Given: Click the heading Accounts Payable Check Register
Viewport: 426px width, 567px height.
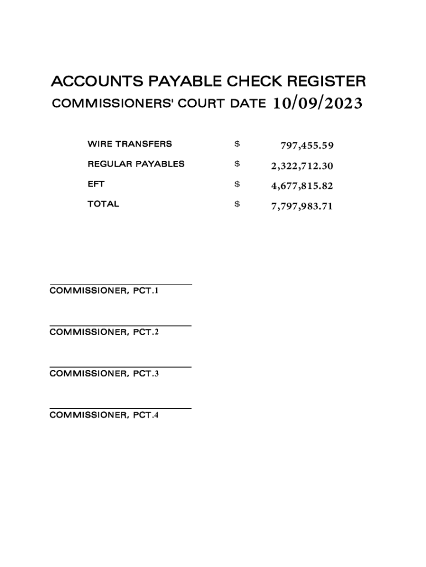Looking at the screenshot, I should click(208, 82).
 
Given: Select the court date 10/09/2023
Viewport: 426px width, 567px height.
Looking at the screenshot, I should click(318, 104).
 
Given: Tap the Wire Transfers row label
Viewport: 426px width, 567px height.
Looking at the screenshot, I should click(129, 144).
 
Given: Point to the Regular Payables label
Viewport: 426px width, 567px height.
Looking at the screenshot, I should click(136, 164).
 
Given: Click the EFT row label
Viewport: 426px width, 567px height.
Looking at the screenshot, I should click(96, 184).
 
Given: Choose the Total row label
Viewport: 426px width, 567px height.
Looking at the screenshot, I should click(103, 204).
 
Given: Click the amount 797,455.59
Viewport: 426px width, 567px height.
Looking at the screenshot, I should click(307, 146).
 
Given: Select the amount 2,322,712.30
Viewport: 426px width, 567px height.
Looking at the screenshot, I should click(302, 166).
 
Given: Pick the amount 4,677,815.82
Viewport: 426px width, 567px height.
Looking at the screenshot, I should click(302, 185).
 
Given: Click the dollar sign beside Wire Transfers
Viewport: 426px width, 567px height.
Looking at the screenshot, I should click(237, 144).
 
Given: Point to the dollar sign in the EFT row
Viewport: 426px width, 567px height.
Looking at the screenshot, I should click(237, 184).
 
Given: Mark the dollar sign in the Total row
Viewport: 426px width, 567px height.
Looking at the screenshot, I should click(237, 204).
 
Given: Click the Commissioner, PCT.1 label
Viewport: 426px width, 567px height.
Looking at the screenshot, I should click(104, 290).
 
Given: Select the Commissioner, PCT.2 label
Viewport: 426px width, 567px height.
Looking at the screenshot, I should click(104, 332).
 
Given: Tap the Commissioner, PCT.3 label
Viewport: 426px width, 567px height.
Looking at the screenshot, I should click(104, 373).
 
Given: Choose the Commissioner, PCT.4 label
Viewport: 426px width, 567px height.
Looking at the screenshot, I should click(104, 415).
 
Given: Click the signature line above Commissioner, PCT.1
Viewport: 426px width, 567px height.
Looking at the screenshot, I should click(121, 284).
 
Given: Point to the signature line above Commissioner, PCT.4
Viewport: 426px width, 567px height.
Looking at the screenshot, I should click(121, 409).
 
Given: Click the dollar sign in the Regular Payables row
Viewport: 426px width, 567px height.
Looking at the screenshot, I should click(237, 164).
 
